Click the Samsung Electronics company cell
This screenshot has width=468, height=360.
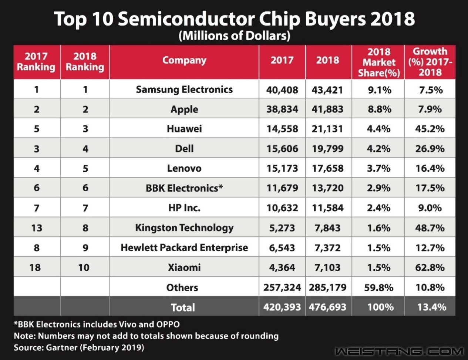(184, 90)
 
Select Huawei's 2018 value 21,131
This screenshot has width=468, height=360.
(327, 129)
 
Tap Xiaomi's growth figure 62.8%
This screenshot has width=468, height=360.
(430, 268)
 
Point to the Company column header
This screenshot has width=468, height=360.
(184, 61)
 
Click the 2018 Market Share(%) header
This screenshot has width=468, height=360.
(378, 62)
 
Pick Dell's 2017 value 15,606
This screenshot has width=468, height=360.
(282, 149)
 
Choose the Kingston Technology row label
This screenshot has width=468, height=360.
(184, 228)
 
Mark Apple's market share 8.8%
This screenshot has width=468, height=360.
(378, 109)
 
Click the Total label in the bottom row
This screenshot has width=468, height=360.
(183, 307)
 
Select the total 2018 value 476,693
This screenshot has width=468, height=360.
(328, 307)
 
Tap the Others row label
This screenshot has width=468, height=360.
(182, 287)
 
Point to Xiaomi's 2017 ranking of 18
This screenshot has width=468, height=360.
(35, 268)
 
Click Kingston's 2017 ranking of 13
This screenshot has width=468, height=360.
(36, 228)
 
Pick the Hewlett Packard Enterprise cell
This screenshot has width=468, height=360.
(184, 248)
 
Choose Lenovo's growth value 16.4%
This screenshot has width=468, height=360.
(430, 168)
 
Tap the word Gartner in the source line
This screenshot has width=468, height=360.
(61, 348)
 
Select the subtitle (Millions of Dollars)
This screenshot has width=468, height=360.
(234, 36)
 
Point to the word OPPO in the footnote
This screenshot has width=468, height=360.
(168, 324)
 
